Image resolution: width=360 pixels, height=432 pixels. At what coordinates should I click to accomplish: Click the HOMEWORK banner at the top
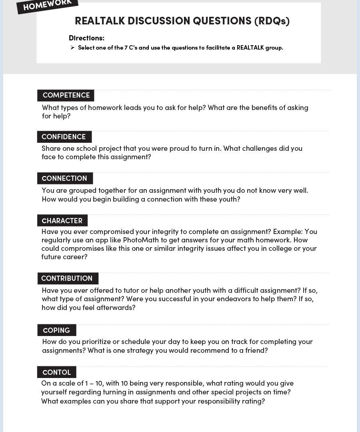point(47,5)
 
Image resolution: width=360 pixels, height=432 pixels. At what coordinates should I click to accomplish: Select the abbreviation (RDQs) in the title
point(272,21)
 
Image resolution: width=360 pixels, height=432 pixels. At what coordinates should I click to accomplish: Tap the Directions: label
point(86,38)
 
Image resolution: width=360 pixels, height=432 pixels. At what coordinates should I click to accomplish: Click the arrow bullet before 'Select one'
point(72,48)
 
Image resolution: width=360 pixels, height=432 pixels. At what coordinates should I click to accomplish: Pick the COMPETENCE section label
point(66,95)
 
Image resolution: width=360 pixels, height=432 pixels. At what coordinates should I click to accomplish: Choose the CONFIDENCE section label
point(64,137)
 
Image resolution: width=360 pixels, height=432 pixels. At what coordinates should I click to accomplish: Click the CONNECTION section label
point(64,178)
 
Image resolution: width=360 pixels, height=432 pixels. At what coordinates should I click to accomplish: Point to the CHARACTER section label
point(62,221)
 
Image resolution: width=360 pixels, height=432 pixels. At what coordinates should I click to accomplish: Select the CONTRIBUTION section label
point(67,278)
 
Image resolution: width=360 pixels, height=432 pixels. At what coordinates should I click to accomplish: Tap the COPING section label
point(56,330)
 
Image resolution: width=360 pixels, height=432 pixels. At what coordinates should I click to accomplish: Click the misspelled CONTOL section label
point(56,372)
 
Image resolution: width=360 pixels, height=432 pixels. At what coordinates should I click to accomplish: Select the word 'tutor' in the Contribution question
point(126,290)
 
